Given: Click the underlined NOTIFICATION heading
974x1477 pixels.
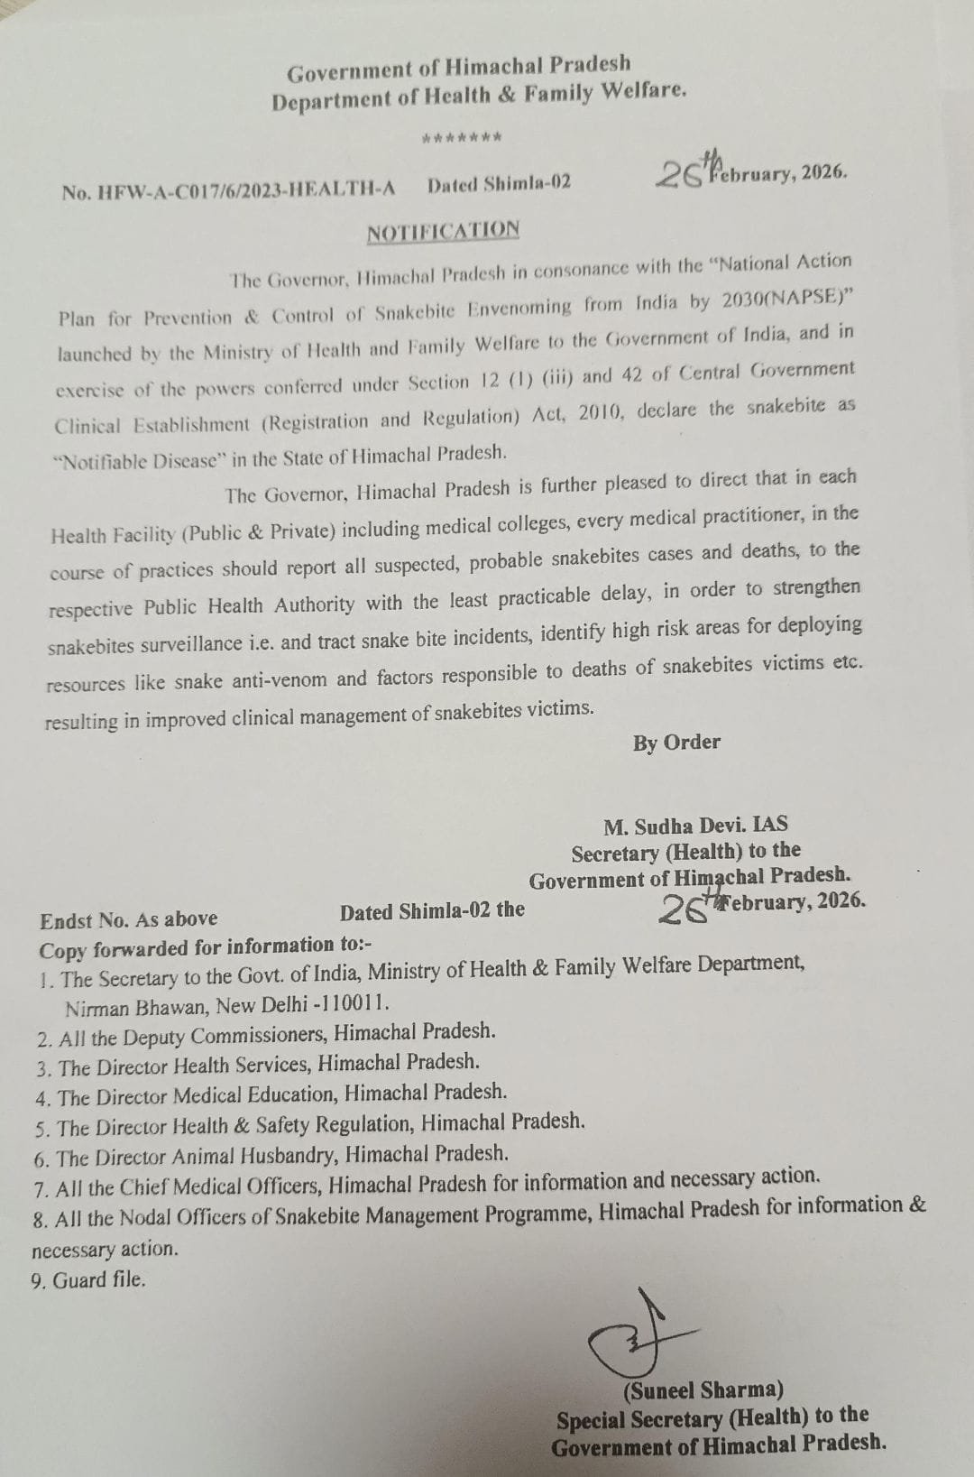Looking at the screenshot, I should [x=443, y=231].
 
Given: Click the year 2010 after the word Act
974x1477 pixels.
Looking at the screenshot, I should [x=600, y=413].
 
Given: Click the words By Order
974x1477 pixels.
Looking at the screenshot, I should [x=676, y=743].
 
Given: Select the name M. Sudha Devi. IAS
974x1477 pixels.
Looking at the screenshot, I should [x=695, y=824].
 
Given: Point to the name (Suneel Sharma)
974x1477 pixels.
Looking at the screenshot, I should [x=703, y=1389].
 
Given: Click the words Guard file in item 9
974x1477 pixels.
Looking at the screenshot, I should [x=98, y=1280].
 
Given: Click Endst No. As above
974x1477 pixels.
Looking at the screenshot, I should [x=129, y=919].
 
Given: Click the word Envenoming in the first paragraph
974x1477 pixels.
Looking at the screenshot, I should [x=519, y=308].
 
